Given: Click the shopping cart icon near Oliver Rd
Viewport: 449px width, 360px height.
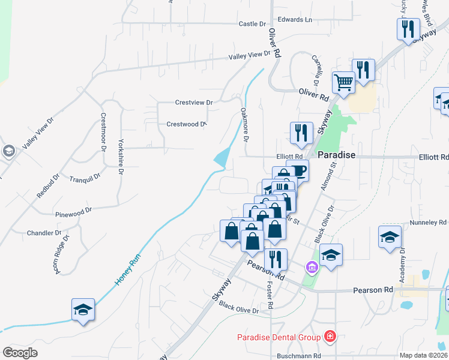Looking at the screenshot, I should pos(343,82).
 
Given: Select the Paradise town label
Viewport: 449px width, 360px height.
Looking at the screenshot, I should pos(336,155).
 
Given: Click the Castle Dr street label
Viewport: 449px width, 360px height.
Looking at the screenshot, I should pos(252,24).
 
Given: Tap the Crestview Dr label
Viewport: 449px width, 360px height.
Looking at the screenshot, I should pos(194,103).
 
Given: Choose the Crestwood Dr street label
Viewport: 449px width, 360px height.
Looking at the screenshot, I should pos(186,124).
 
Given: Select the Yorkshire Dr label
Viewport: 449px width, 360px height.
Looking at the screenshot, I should pos(121,157).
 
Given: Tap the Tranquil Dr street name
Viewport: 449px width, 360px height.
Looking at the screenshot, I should pos(84,179).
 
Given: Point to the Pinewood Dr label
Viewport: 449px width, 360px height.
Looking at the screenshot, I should pos(73,212).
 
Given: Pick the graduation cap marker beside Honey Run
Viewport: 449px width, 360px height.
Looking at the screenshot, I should pos(83,310).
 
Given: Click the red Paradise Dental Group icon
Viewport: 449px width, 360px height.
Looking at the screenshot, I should pos(329,336).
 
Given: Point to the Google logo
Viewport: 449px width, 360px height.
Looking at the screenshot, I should pos(20,353).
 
